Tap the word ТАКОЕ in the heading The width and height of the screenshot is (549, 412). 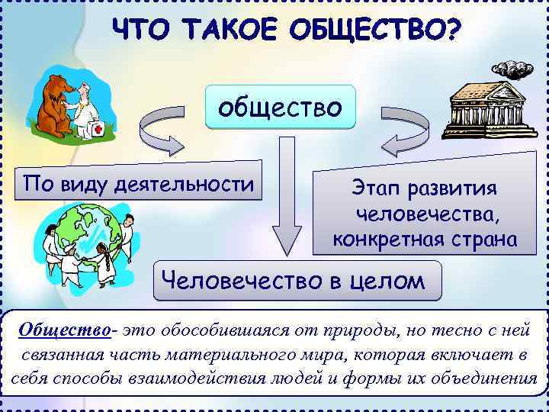pos(233,31)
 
